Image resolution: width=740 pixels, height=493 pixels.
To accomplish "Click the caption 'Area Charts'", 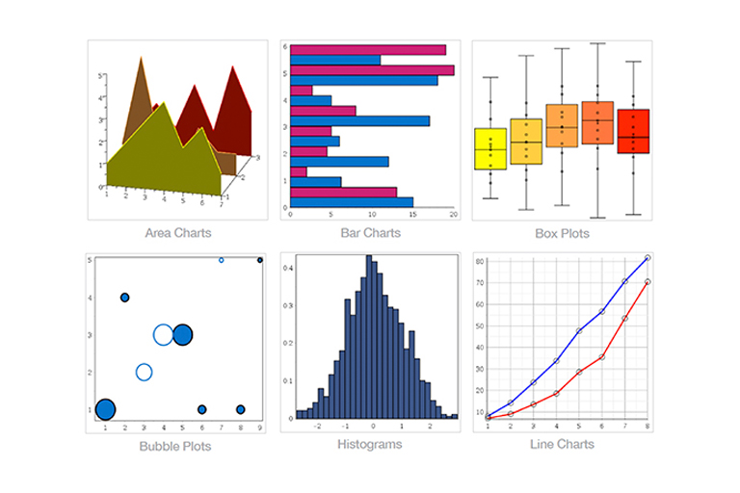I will [178, 232].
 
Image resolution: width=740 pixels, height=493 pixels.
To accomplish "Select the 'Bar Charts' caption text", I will [370, 232].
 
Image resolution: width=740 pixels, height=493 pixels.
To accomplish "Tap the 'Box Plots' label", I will [562, 233].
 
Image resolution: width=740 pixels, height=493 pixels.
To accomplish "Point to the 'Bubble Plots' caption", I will [174, 446].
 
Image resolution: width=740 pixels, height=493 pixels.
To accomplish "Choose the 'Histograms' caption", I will [370, 444].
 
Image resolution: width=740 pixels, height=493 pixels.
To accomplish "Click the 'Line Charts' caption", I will [562, 444].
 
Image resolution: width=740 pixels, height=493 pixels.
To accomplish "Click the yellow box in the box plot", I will [490, 148].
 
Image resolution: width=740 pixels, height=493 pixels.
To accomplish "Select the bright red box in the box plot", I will [633, 131].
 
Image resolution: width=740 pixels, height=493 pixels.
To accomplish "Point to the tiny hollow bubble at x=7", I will [222, 260].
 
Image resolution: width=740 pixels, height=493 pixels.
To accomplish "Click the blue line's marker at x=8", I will [647, 258].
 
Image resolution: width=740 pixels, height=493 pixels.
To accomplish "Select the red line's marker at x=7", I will [624, 318].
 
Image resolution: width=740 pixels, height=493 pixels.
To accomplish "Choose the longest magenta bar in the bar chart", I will [372, 70].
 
